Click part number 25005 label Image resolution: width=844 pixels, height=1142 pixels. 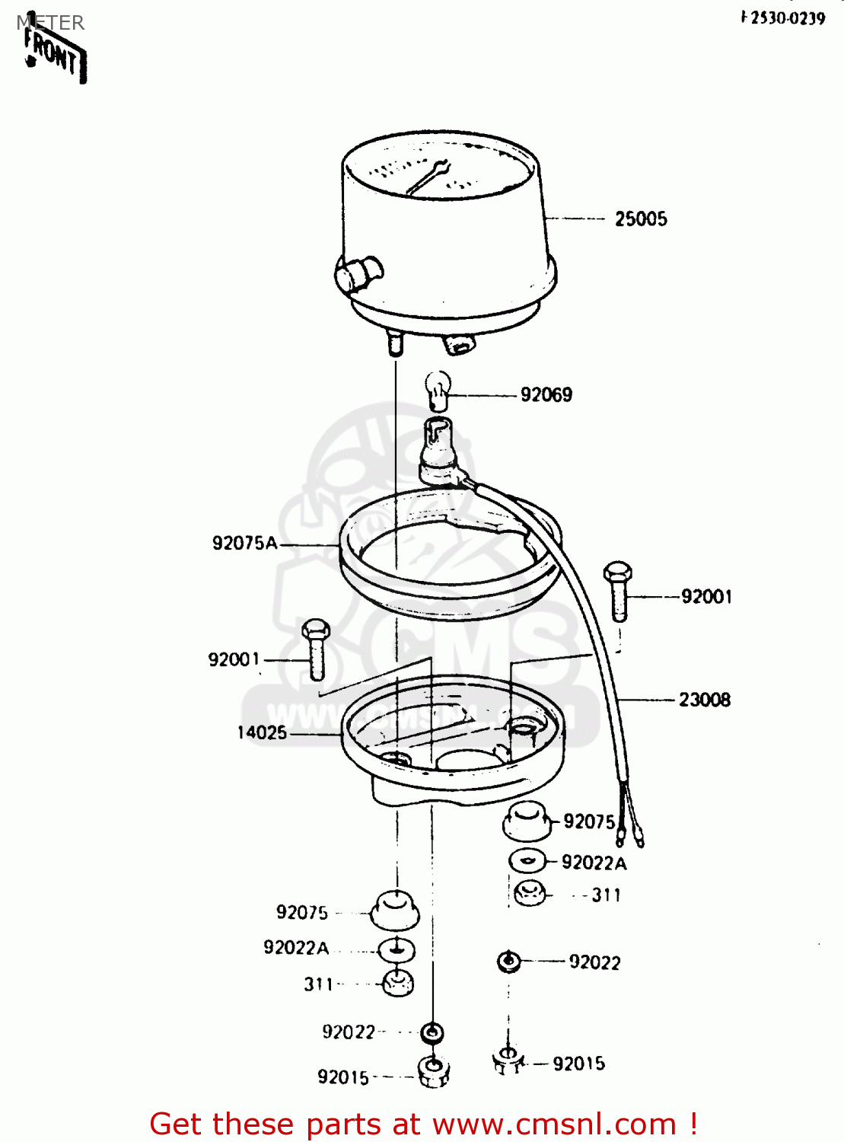[x=641, y=219]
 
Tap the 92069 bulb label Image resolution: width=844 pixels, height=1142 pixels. [x=546, y=394]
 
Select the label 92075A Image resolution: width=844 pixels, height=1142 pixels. [x=244, y=543]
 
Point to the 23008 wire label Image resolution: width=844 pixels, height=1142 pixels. [x=704, y=700]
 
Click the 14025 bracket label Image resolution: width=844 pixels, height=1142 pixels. [x=262, y=732]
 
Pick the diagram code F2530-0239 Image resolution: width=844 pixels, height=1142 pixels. [x=783, y=18]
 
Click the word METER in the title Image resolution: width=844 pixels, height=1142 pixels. [x=50, y=23]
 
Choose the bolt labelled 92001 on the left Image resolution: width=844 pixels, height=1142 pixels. [x=315, y=649]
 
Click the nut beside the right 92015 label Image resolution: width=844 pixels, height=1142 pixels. [x=508, y=1060]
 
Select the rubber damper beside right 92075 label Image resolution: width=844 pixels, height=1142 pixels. [x=526, y=822]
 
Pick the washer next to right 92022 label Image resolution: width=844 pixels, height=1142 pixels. [x=508, y=962]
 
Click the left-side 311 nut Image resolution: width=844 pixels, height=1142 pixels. [x=397, y=982]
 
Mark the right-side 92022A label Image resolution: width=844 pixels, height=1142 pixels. [x=594, y=863]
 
